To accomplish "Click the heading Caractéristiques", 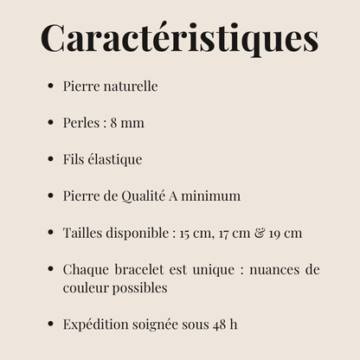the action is click(179, 39).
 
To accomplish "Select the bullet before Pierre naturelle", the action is click(51, 87).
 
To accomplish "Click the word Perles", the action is click(80, 124).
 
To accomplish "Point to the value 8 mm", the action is click(126, 124).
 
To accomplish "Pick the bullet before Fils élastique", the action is click(51, 159).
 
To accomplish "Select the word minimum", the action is click(212, 196).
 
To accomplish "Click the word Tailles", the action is click(82, 233).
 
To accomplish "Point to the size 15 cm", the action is click(192, 233).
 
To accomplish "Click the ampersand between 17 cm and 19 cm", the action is click(258, 233).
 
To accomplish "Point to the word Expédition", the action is click(98, 325).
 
